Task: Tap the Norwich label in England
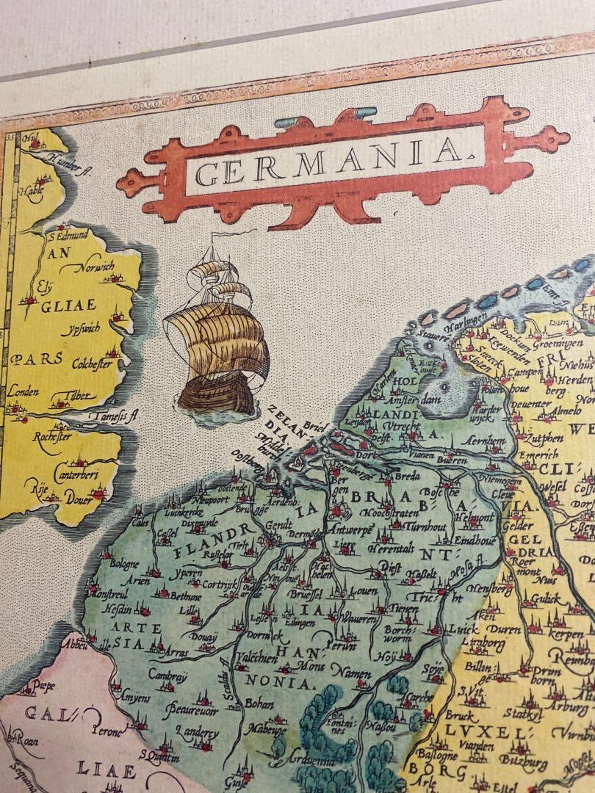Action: [x=99, y=267]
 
